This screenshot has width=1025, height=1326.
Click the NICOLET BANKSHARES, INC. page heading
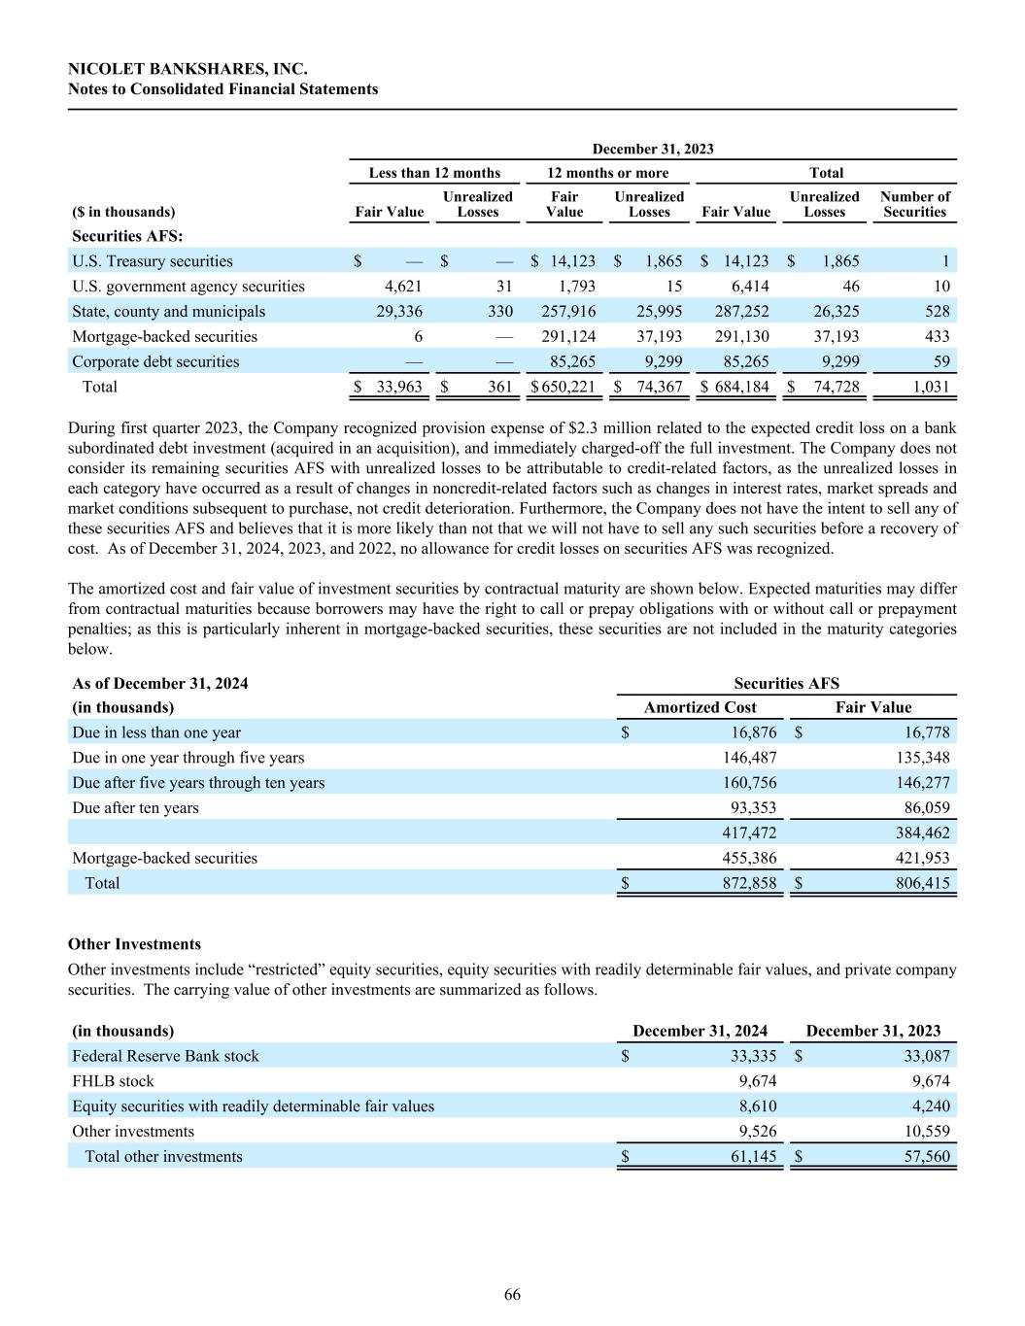188,69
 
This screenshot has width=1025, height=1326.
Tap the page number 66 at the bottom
512,1295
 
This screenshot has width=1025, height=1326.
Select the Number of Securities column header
914,204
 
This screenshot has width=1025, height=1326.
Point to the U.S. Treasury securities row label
153,261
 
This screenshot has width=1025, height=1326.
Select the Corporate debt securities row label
155,362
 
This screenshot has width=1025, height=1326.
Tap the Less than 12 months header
434,173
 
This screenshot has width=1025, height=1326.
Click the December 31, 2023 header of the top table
653,149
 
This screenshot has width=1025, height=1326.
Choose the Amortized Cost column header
700,708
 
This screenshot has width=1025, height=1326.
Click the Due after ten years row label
135,808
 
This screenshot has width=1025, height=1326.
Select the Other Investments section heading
135,944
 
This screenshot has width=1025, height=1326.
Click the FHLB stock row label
113,1081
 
